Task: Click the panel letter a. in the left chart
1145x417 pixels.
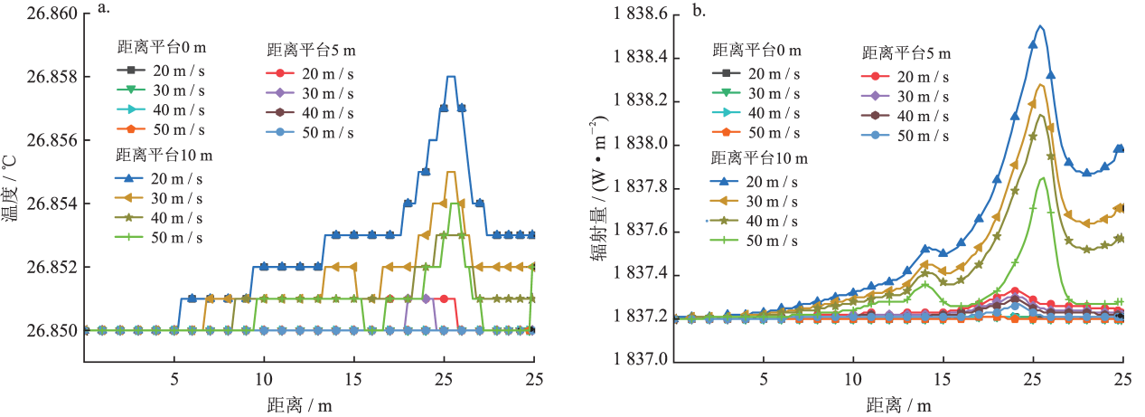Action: [x=105, y=12]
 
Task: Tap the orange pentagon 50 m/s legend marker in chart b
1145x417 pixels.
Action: [x=720, y=133]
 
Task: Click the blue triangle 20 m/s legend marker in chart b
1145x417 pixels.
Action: [x=720, y=179]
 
